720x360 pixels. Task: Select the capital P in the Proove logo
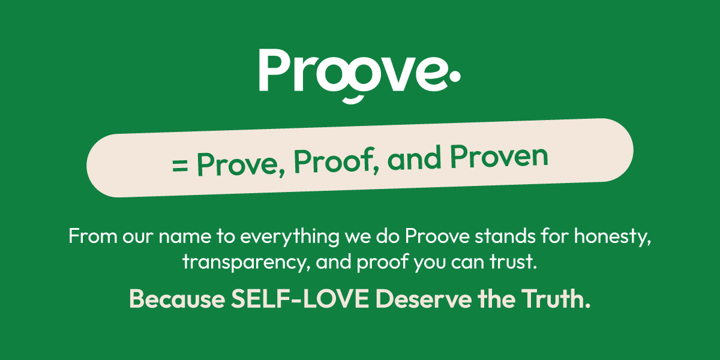pos(274,71)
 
